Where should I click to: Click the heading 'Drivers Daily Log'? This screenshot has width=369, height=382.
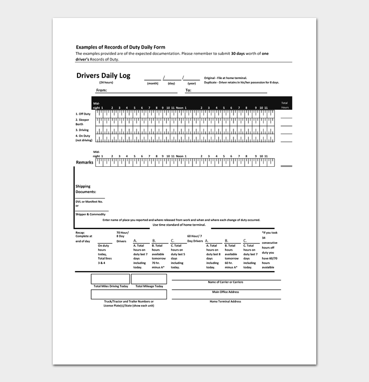pyautogui.click(x=103, y=76)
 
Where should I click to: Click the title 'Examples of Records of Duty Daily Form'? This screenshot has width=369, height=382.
pyautogui.click(x=120, y=47)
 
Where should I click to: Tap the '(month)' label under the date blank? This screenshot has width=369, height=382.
pyautogui.click(x=152, y=83)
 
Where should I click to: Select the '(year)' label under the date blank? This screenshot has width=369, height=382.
pyautogui.click(x=191, y=83)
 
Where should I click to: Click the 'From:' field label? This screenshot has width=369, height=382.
pyautogui.click(x=101, y=90)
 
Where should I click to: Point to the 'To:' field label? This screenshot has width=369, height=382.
pyautogui.click(x=188, y=90)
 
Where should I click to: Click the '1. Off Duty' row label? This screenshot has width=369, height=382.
pyautogui.click(x=83, y=114)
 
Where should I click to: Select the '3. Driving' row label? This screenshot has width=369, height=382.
pyautogui.click(x=82, y=130)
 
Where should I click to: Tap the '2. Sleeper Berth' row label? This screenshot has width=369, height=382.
pyautogui.click(x=83, y=122)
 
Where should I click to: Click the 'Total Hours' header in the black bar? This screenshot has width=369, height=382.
pyautogui.click(x=285, y=105)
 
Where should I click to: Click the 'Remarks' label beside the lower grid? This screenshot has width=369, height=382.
pyautogui.click(x=84, y=163)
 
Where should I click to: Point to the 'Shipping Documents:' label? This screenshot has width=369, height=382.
pyautogui.click(x=86, y=189)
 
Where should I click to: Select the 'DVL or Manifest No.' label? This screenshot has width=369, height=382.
pyautogui.click(x=89, y=202)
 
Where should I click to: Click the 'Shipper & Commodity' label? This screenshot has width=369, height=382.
pyautogui.click(x=90, y=214)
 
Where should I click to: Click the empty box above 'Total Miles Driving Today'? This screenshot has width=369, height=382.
pyautogui.click(x=110, y=279)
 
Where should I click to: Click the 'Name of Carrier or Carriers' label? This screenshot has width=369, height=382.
pyautogui.click(x=226, y=282)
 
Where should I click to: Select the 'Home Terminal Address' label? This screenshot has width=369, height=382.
pyautogui.click(x=225, y=301)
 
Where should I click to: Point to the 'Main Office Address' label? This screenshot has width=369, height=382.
pyautogui.click(x=226, y=292)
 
